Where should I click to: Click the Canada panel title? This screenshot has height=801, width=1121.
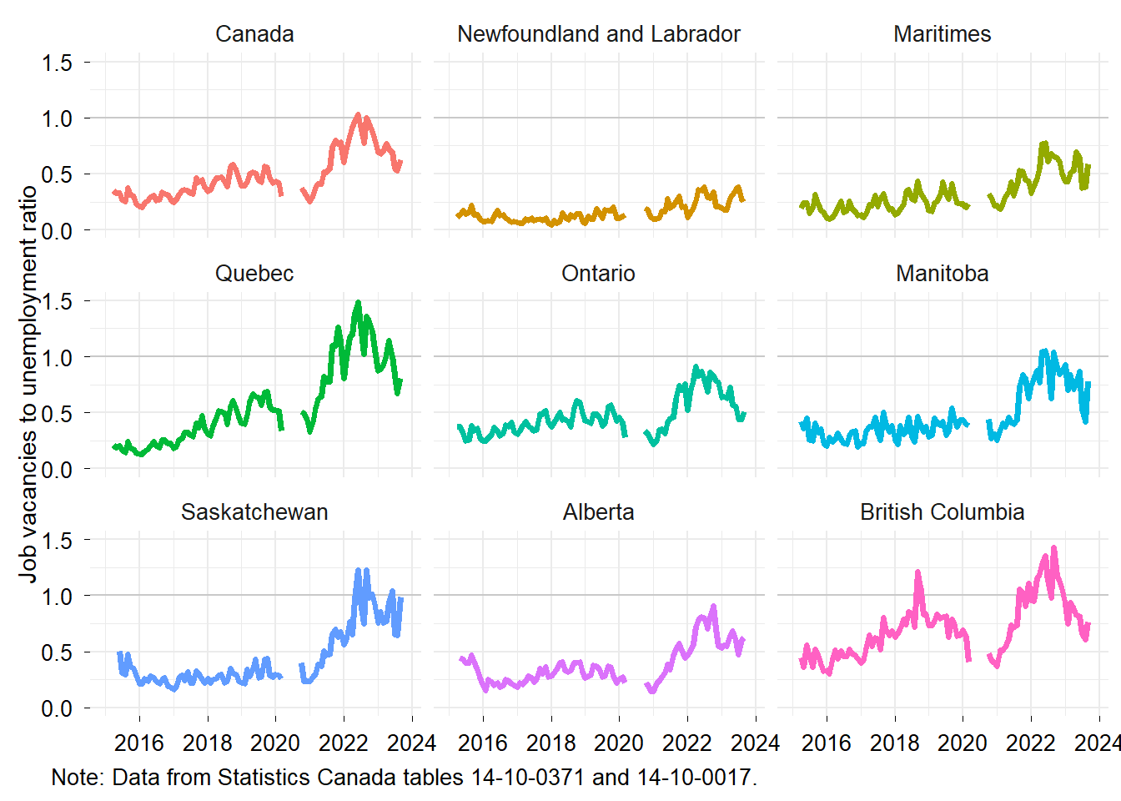[x=254, y=34]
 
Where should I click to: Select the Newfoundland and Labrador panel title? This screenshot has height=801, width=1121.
[x=598, y=34]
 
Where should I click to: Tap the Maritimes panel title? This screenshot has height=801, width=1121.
[x=942, y=34]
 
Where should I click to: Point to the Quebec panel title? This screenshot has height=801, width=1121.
[x=254, y=274]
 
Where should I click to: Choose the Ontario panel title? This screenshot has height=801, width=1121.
[x=598, y=274]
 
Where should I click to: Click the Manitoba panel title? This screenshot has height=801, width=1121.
[x=942, y=274]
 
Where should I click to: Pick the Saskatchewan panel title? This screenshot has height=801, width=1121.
[x=254, y=512]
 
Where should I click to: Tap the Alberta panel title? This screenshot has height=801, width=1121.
[x=598, y=512]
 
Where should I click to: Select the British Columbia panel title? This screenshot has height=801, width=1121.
[x=942, y=512]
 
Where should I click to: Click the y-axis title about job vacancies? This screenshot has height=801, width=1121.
[x=28, y=384]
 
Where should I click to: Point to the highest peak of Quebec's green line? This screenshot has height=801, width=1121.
[x=358, y=303]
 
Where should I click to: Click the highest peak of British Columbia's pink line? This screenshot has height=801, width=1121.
[x=1054, y=548]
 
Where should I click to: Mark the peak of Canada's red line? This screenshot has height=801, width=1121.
[x=358, y=115]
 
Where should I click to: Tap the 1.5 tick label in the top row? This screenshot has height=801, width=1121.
[x=57, y=63]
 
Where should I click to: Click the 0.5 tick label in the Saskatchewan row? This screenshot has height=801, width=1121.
[x=57, y=652]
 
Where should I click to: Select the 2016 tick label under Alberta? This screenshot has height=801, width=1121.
[x=483, y=743]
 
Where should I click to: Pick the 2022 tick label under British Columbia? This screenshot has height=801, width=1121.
[x=1031, y=743]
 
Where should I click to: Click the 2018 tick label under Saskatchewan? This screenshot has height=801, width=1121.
[x=208, y=743]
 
